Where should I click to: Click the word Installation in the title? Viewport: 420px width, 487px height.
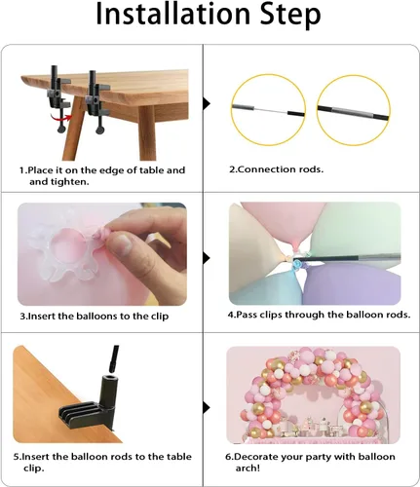click(174, 15)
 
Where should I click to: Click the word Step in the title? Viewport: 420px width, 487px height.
click(291, 17)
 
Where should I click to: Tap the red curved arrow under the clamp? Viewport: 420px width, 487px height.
click(60, 118)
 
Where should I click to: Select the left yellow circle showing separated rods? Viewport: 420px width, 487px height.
click(268, 109)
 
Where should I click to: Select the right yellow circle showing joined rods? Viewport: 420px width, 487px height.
click(354, 109)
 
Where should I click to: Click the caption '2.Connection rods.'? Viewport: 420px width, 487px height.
click(277, 169)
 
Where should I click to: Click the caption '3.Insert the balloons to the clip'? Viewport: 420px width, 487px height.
click(95, 317)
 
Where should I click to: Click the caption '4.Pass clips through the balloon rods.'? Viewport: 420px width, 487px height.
click(319, 315)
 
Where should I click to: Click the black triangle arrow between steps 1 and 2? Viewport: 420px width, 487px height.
click(207, 103)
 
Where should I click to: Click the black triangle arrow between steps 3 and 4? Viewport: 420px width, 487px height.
click(207, 258)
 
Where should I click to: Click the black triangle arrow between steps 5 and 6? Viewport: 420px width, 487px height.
click(207, 407)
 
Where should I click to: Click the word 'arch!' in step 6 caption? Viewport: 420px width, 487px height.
click(248, 468)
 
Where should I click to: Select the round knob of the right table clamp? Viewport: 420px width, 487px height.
click(100, 130)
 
